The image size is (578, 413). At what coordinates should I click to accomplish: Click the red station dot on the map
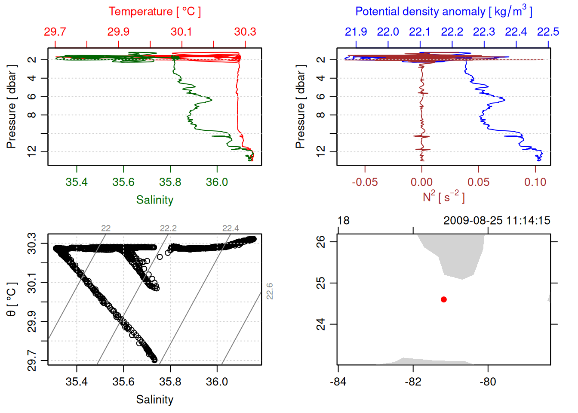(x=443, y=299)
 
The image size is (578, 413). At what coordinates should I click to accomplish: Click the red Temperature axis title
(x=154, y=12)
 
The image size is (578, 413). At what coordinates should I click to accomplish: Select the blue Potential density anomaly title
(x=443, y=11)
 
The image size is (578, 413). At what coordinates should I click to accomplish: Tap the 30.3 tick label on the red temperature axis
(x=245, y=32)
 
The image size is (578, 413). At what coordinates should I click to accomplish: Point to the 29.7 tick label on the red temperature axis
(x=55, y=32)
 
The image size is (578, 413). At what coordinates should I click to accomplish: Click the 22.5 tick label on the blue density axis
(x=548, y=32)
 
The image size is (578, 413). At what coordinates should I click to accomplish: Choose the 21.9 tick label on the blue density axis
(x=356, y=32)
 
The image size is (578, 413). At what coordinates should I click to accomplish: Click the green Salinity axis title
(x=154, y=200)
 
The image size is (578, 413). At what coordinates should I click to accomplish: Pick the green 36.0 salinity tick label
(x=217, y=182)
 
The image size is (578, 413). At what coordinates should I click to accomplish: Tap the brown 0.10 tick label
(x=535, y=182)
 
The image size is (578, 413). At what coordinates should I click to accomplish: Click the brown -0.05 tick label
(x=365, y=182)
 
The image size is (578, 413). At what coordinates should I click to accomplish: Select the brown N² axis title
(x=443, y=197)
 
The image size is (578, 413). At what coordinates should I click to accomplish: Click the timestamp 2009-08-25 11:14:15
(x=497, y=221)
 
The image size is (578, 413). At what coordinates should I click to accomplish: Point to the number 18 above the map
(x=343, y=221)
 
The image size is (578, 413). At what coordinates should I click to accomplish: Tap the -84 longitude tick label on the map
(x=338, y=382)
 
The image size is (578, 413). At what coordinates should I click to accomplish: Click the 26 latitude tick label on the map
(x=321, y=242)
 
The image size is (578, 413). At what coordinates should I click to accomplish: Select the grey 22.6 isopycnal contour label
(x=270, y=291)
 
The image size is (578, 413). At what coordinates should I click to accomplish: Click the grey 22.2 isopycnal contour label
(x=168, y=228)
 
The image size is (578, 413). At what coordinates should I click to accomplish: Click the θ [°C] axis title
(x=12, y=299)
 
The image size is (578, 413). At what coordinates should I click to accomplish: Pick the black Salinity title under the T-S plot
(x=154, y=400)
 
